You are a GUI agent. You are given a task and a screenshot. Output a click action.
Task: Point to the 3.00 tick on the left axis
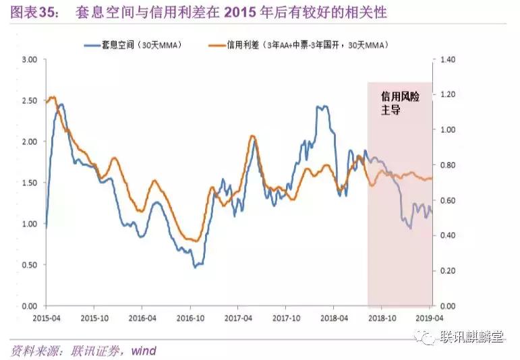28,60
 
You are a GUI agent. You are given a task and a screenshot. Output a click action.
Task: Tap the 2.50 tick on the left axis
28,101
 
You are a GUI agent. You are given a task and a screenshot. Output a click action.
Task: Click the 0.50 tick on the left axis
28,265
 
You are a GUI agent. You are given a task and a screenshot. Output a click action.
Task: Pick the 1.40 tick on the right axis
448,60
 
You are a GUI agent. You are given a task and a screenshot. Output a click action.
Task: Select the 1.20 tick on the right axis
448,95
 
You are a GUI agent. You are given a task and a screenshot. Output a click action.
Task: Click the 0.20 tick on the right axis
448,271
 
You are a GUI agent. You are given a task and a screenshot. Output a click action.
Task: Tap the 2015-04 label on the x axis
45,317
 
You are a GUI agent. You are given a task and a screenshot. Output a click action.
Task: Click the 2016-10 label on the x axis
190,317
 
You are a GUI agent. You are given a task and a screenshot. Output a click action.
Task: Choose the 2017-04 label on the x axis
239,317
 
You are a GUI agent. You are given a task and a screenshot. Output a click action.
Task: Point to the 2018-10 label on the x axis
383,317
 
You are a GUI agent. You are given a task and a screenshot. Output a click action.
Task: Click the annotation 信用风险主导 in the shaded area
400,102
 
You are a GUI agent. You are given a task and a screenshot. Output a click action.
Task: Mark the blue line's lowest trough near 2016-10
196,267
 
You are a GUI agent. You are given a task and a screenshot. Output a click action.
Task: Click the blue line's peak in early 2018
322,107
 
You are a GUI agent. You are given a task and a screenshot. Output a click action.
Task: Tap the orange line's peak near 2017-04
252,136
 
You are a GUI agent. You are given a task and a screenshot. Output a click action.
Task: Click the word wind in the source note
143,351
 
